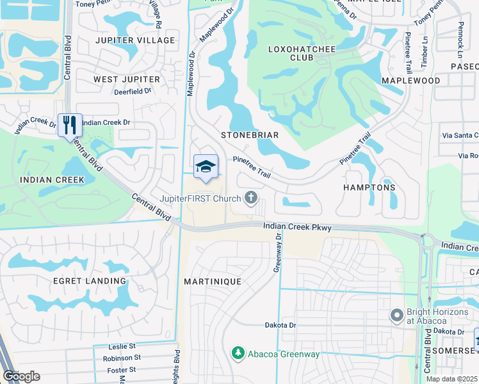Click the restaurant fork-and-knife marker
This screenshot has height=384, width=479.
pyautogui.click(x=70, y=125)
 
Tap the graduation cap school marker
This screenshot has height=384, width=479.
pyautogui.click(x=206, y=166)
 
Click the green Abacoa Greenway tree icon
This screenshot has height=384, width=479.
pyautogui.click(x=238, y=353)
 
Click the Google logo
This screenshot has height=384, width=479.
pyautogui.click(x=22, y=376)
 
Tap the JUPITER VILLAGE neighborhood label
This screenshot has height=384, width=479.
pyautogui.click(x=134, y=40)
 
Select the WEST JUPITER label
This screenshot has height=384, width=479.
pyautogui.click(x=127, y=79)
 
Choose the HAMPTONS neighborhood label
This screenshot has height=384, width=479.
pyautogui.click(x=369, y=188)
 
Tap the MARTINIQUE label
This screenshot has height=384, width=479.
pyautogui.click(x=213, y=282)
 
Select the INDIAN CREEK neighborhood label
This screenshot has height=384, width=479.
pyautogui.click(x=52, y=180)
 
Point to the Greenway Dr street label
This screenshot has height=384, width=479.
pyautogui.click(x=278, y=252)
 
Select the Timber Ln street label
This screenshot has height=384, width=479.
pyautogui.click(x=424, y=55)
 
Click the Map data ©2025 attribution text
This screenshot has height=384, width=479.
pyautogui.click(x=451, y=379)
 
